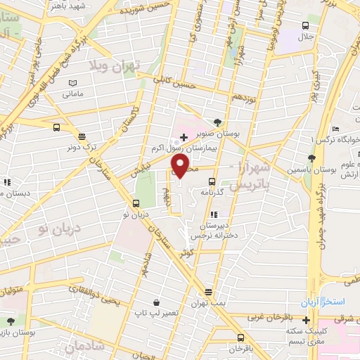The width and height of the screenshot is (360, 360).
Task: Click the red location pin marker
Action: (x=181, y=165)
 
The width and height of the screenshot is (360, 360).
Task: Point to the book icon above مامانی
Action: (x=72, y=82)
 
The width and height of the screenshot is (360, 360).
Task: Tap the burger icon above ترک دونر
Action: (x=82, y=137)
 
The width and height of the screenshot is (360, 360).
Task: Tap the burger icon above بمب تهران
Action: (x=208, y=292)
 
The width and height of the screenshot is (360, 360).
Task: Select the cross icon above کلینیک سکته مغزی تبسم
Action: (x=307, y=320)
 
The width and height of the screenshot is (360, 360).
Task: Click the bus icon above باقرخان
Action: (x=240, y=337)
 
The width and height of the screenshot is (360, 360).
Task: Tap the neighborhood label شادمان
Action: (x=85, y=346)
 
